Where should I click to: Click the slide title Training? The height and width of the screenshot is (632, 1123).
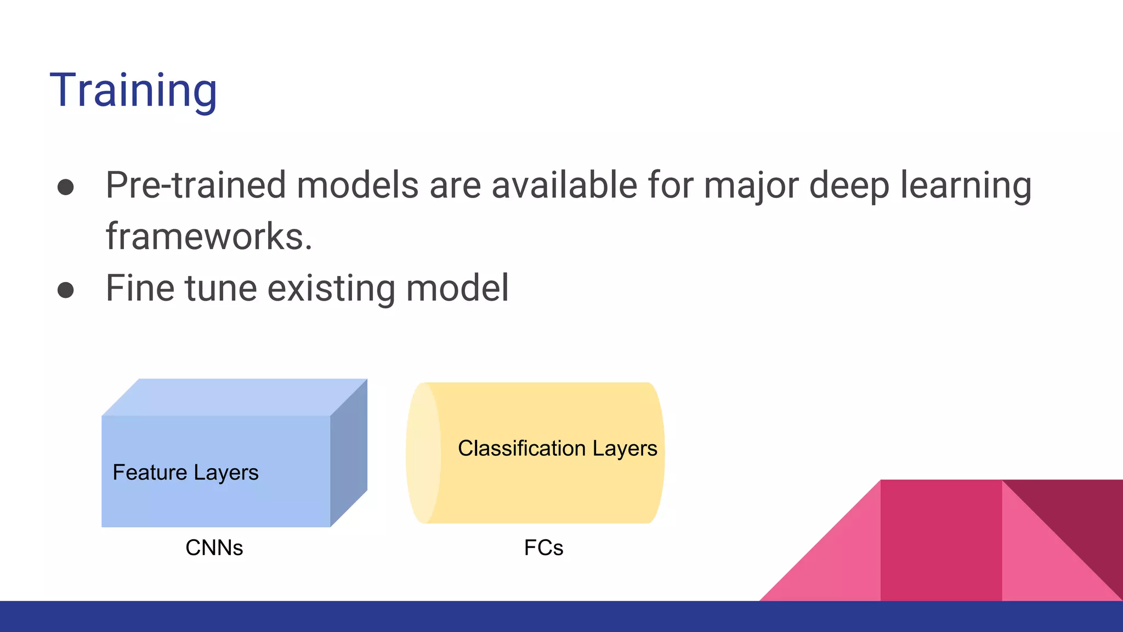[x=133, y=91]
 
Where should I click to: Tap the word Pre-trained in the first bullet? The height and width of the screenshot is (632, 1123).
[x=196, y=185]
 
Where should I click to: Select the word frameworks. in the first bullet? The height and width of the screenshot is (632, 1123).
[x=209, y=236]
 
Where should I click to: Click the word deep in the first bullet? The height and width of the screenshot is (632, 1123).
[x=849, y=186]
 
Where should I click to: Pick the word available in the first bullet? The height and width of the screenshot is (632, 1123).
[x=564, y=185]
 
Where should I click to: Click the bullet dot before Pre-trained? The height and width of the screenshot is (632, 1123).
[x=66, y=187]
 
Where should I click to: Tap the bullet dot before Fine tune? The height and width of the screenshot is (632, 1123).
[x=66, y=290]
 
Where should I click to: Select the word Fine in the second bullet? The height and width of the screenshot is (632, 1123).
[x=140, y=288]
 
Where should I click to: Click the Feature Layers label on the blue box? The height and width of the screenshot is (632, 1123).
[x=185, y=472]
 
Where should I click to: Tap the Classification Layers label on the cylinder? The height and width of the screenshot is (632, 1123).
[x=557, y=448]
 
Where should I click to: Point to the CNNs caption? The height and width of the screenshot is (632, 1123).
[x=214, y=548]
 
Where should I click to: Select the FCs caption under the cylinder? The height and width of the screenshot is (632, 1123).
[x=543, y=548]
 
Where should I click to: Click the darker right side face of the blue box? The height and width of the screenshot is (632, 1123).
[x=349, y=453]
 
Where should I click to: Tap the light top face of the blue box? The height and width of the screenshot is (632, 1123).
[x=235, y=397]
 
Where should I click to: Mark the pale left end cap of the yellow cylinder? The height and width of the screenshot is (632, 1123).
[x=423, y=453]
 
